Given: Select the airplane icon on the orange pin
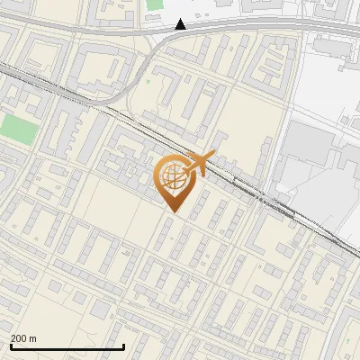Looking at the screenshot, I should tap(198, 164).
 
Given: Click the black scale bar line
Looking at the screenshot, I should tap(67, 347).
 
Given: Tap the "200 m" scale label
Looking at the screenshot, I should tap(23, 338).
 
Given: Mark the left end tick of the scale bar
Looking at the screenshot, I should tap(11, 346).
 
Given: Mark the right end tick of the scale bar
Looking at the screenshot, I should tap(123, 346).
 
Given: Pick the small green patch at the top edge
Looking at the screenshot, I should tap(155, 4).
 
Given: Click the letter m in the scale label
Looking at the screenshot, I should tap(33, 338).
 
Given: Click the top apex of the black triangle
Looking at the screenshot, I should tap(181, 19).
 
